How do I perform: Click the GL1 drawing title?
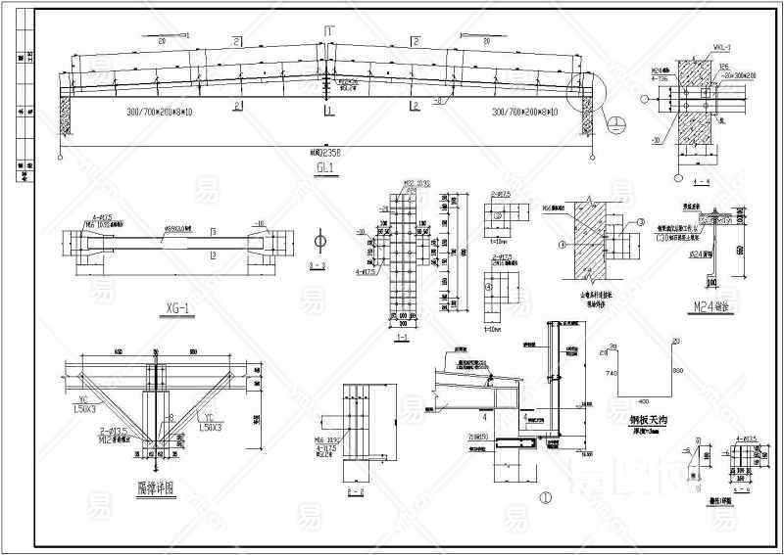[x=325, y=167]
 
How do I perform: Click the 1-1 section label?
[x=401, y=337]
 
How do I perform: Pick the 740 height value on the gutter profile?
[x=611, y=374]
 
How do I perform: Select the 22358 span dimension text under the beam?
[x=326, y=153]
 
